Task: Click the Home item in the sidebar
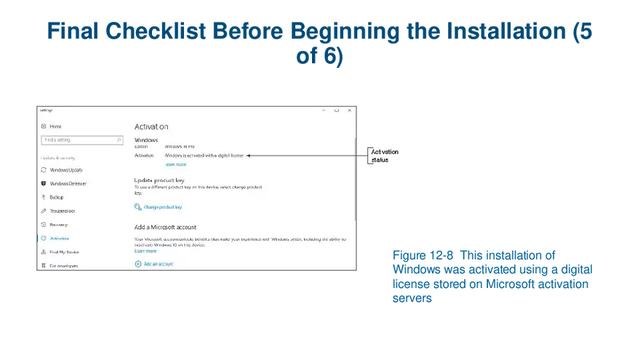click(55, 127)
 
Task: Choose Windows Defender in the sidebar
click(68, 183)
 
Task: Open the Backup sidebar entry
click(56, 197)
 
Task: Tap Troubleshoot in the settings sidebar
click(62, 211)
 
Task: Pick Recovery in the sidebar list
click(58, 225)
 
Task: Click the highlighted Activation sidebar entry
click(60, 239)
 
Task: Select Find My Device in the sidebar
click(63, 252)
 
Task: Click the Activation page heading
click(151, 127)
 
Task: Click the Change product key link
click(162, 207)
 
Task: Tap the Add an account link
click(158, 264)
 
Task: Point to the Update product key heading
click(159, 180)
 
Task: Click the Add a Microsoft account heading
click(165, 227)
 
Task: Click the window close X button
click(349, 111)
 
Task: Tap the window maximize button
click(337, 111)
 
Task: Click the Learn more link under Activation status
click(175, 164)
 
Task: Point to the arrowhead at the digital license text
click(249, 155)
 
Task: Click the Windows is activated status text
click(204, 155)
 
